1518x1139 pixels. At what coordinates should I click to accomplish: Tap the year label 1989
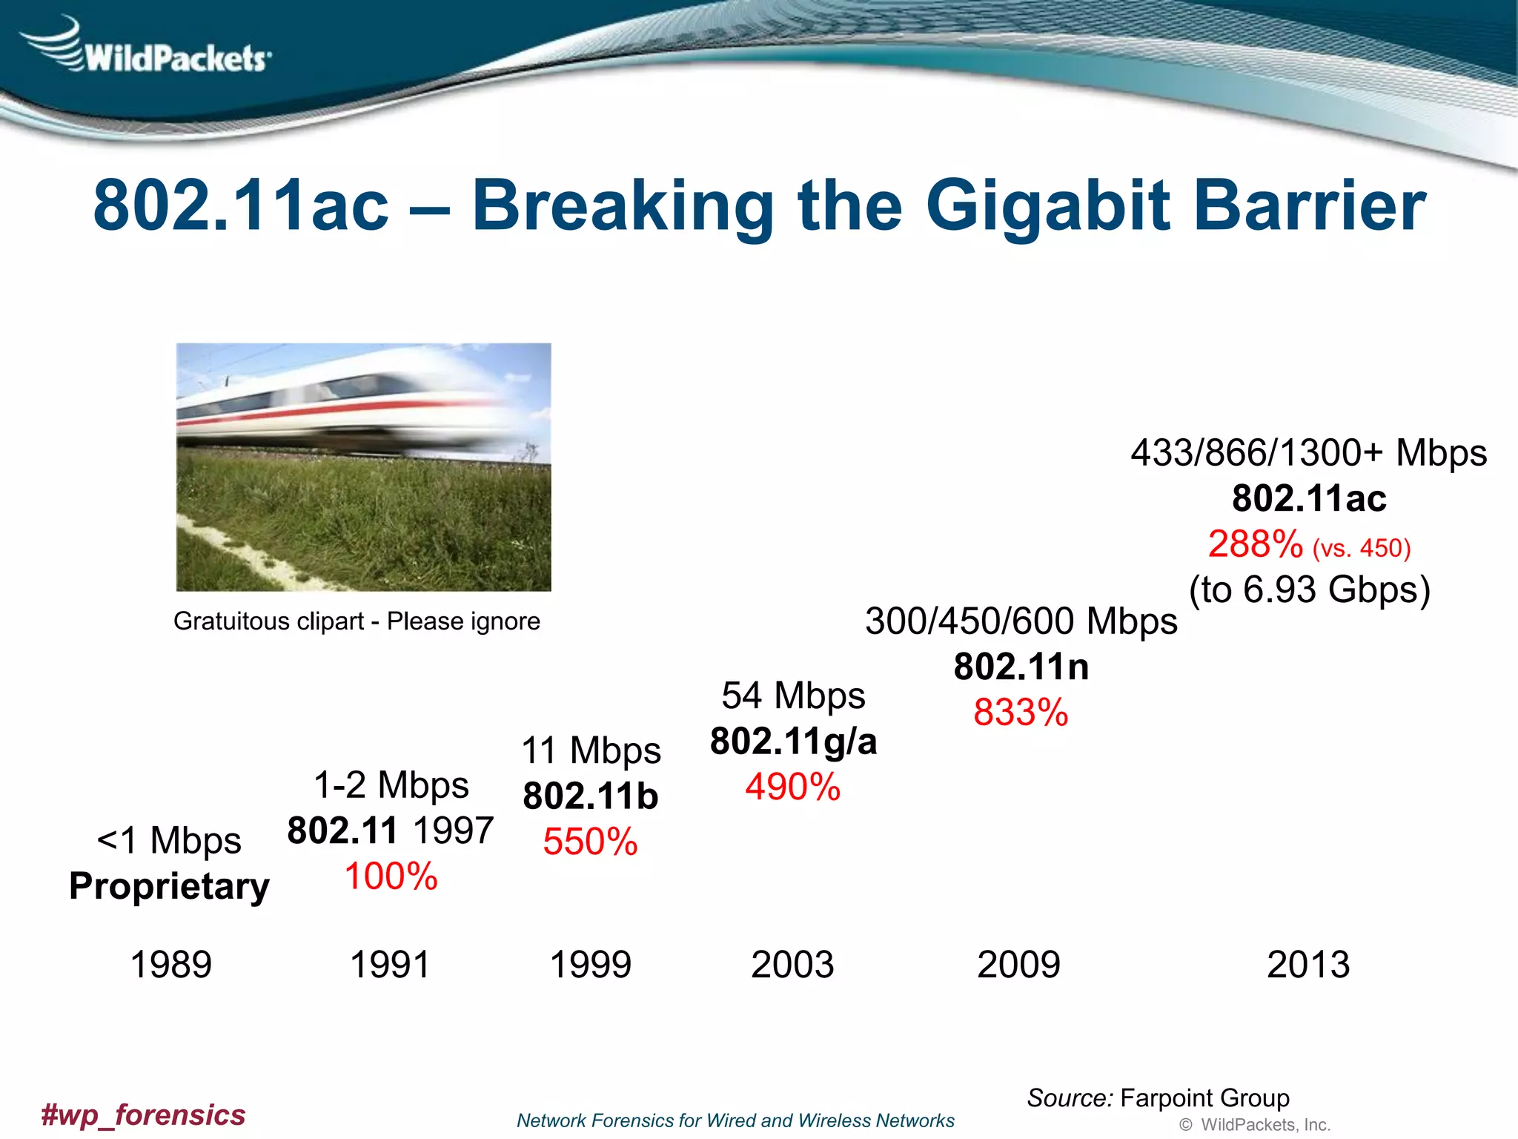pos(171,965)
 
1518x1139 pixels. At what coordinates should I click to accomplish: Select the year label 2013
pos(1308,965)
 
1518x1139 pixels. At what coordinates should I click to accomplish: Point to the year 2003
pos(792,965)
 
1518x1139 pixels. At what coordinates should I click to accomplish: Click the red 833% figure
pos(1021,713)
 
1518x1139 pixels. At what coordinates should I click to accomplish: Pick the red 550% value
pos(590,842)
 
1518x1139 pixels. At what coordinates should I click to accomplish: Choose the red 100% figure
pos(391,876)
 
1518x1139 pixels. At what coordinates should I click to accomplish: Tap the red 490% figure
pos(792,788)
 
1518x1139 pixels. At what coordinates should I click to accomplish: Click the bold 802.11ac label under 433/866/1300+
pos(1309,498)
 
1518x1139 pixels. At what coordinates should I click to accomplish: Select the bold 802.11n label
pos(1021,667)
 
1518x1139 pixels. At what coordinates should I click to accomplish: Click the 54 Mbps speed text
pos(793,696)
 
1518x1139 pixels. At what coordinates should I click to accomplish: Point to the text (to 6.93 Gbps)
pos(1309,590)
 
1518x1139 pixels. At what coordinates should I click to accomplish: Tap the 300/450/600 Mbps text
pos(1021,621)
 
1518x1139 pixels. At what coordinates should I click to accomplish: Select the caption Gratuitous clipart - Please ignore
pos(357,621)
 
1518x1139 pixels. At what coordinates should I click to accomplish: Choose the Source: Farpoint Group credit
pos(1158,1098)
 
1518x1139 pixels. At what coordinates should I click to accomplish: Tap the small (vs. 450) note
pos(1361,549)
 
